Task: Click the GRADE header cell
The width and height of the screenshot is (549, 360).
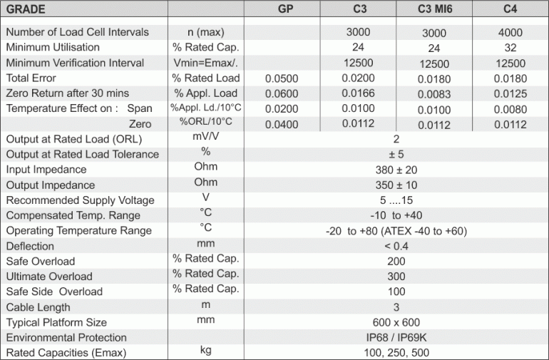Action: tap(27, 9)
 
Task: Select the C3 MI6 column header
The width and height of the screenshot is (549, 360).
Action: tap(433, 9)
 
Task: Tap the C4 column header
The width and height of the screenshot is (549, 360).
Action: tap(510, 9)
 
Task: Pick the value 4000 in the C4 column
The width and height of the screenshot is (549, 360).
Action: tap(510, 33)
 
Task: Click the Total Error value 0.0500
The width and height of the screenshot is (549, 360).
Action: tap(282, 78)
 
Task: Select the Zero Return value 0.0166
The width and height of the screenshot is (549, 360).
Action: tap(358, 93)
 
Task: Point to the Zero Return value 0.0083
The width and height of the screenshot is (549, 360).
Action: tap(433, 94)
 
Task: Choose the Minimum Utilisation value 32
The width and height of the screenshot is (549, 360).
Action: tap(510, 48)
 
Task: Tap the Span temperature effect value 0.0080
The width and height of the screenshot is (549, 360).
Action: tap(510, 110)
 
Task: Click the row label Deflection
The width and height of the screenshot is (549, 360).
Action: tap(30, 246)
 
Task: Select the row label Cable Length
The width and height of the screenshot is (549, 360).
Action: tap(38, 307)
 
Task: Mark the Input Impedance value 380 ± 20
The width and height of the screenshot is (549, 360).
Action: tap(396, 170)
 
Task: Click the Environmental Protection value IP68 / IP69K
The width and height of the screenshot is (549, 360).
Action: tap(396, 337)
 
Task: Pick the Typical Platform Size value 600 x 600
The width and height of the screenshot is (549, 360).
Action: tap(396, 322)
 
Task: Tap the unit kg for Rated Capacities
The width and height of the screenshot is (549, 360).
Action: tap(205, 351)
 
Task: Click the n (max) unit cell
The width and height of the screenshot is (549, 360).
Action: tap(205, 32)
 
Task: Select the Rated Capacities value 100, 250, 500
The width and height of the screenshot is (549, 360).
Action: tap(396, 353)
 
